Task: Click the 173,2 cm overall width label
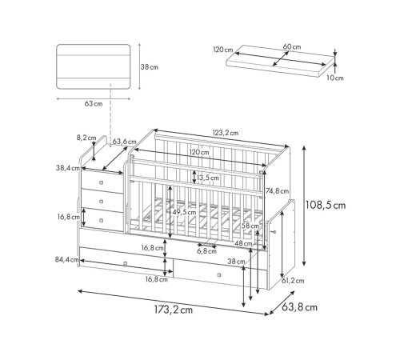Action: (x=174, y=310)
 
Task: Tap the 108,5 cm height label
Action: (x=326, y=206)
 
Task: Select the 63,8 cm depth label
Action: (x=299, y=307)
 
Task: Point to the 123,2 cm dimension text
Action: (x=226, y=133)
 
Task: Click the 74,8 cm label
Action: (x=277, y=191)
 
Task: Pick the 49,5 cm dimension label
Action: (x=184, y=212)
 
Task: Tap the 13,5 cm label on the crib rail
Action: (x=208, y=178)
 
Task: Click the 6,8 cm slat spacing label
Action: (x=206, y=251)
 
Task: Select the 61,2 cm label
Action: (x=293, y=281)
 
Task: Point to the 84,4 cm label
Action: (x=66, y=259)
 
